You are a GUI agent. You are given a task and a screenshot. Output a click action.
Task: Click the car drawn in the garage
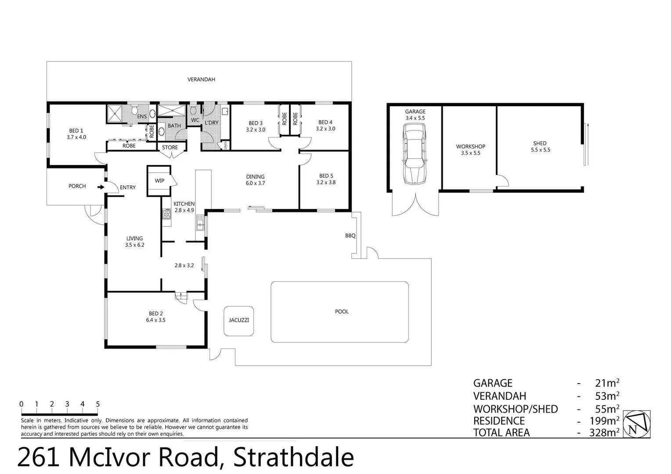click(415, 153)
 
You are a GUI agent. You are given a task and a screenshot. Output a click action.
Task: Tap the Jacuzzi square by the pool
click(238, 321)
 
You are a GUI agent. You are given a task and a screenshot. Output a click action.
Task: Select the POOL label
click(342, 312)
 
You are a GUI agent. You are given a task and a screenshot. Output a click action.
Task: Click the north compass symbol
click(637, 424)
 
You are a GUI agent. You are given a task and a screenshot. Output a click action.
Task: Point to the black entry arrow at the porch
click(101, 187)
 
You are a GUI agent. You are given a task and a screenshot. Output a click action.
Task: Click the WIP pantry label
click(159, 181)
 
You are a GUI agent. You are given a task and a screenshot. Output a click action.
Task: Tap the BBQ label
click(350, 236)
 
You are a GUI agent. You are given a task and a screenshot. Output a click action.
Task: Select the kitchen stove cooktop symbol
click(166, 214)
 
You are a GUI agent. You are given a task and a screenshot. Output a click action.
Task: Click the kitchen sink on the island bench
click(200, 225)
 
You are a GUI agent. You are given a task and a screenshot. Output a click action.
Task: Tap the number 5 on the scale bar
click(97, 405)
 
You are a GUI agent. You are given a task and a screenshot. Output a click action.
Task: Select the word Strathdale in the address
click(293, 458)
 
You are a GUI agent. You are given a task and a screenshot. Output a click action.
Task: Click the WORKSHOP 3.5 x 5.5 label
click(470, 150)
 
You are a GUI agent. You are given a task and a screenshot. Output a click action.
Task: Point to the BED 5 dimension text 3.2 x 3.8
click(325, 183)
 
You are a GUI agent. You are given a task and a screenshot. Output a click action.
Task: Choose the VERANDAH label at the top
click(201, 80)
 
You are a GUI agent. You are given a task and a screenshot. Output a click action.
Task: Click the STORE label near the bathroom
click(170, 147)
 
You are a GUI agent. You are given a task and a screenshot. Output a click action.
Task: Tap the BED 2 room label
click(155, 314)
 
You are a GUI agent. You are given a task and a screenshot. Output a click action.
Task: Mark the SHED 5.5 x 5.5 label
click(540, 147)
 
